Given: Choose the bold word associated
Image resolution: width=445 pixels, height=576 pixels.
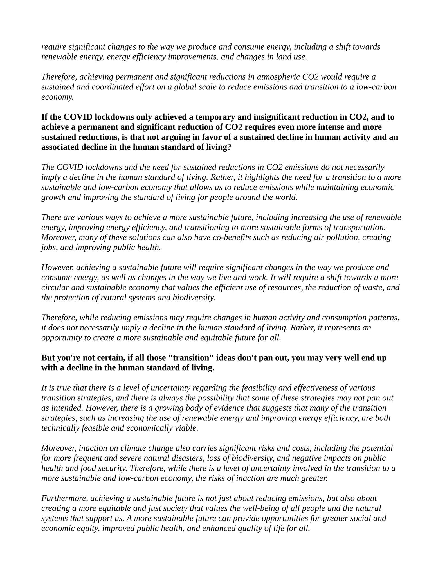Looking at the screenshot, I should tap(60, 147).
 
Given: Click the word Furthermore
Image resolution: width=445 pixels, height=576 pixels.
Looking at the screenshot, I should tap(64, 498).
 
